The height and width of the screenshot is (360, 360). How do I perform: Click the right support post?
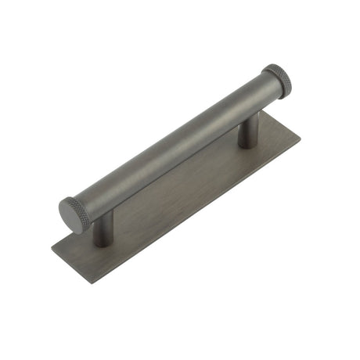(248, 131)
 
